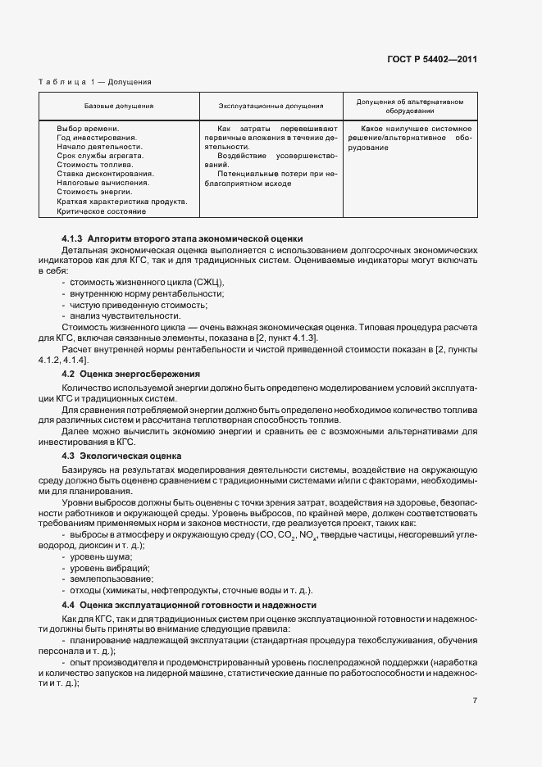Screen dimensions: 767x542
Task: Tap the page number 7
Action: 475,700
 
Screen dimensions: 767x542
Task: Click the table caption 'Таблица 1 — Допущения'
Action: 95,82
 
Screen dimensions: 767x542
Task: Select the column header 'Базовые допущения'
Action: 119,106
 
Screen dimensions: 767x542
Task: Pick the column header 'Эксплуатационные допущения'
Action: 271,106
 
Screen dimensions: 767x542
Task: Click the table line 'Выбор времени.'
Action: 88,129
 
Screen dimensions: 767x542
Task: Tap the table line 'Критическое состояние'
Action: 101,211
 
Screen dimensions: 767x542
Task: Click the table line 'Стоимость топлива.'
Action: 95,165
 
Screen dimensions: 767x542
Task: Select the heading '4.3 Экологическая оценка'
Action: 121,455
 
